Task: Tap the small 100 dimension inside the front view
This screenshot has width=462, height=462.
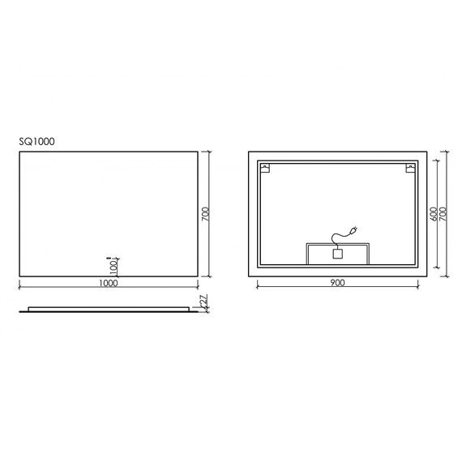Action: pos(114,265)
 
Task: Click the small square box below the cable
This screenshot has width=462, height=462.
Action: pos(338,254)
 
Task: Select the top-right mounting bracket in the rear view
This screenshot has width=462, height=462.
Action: pos(410,169)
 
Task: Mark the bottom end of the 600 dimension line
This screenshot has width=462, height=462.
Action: pos(438,268)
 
